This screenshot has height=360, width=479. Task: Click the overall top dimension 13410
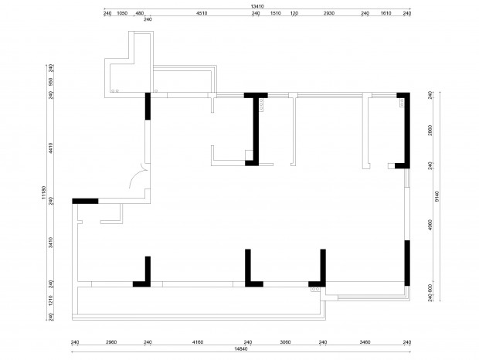[x=257, y=6]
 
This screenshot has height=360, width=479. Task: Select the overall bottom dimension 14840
[x=241, y=348]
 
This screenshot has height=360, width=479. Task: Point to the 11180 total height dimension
[x=43, y=192]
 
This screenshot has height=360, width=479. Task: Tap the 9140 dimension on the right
[x=437, y=196]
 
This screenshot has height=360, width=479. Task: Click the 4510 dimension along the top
[x=202, y=13]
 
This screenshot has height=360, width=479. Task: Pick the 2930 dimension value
[x=328, y=13]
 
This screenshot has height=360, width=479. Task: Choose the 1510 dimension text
[x=276, y=13]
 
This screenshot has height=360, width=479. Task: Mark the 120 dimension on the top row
[x=294, y=13]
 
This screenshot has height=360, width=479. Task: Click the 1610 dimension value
[x=386, y=13]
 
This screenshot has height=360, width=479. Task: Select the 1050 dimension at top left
[x=122, y=13]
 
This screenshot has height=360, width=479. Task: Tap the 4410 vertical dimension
[x=51, y=148]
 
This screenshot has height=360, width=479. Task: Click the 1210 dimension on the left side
[x=51, y=301]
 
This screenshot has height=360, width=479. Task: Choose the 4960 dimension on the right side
[x=430, y=225]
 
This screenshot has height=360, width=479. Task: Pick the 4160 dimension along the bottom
[x=198, y=342]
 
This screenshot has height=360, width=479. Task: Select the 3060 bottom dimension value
[x=285, y=342]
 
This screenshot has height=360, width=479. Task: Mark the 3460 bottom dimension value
[x=365, y=342]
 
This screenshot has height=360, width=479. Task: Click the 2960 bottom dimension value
[x=111, y=342]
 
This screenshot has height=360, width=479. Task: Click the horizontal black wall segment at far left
[x=85, y=201]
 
